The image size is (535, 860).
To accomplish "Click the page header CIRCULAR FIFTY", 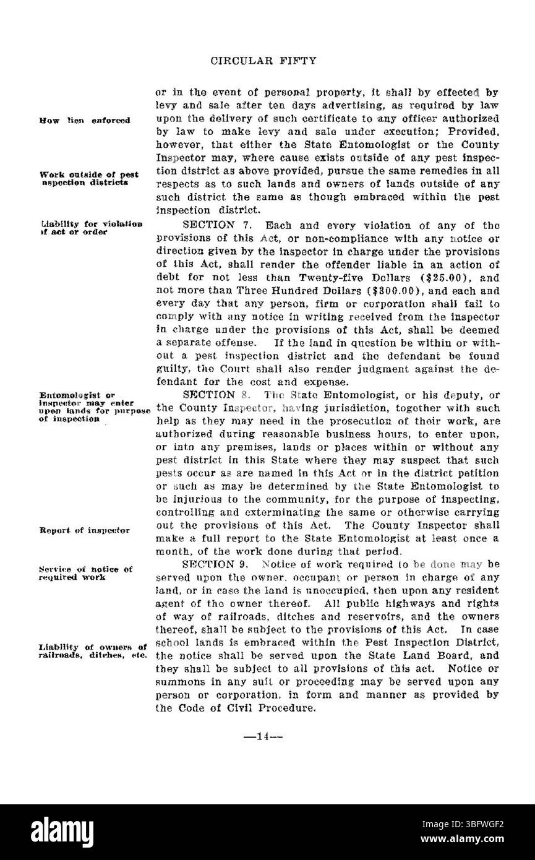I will click(264, 61).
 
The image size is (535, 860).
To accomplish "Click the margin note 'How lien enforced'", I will click(84, 120).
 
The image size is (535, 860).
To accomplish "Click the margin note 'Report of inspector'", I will click(85, 530).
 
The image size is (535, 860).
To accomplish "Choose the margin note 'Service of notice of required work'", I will click(85, 572).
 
